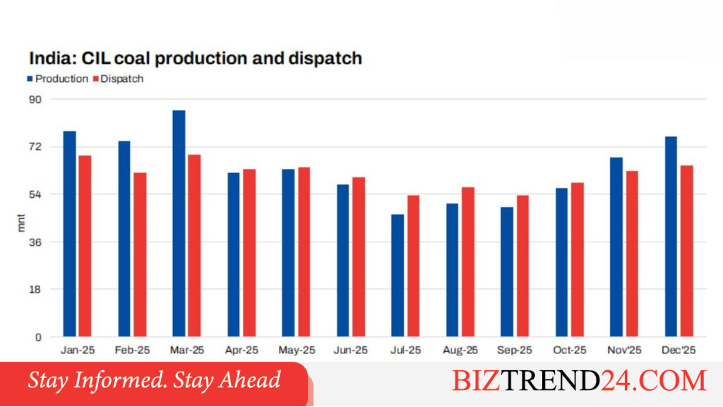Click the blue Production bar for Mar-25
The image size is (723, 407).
[179, 223]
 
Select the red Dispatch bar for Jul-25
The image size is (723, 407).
[413, 266]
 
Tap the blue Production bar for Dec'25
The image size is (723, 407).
[671, 236]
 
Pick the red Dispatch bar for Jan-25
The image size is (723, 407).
[85, 246]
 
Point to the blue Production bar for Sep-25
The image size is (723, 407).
[507, 272]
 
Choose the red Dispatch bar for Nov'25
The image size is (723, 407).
[632, 254]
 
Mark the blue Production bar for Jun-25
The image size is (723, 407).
[343, 260]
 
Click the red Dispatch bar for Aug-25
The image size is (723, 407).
[468, 261]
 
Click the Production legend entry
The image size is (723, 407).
[58, 79]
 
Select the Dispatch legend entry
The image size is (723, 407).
[119, 79]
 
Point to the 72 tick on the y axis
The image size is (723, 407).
[35, 147]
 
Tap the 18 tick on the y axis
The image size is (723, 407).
[35, 289]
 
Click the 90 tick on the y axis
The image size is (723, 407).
[35, 99]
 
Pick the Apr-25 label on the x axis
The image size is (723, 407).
[241, 350]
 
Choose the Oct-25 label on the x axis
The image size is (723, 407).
[570, 350]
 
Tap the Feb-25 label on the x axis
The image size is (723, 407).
[132, 350]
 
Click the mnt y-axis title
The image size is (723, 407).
[20, 223]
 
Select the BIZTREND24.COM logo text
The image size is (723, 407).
[579, 380]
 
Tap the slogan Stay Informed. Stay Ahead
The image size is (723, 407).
[154, 379]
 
